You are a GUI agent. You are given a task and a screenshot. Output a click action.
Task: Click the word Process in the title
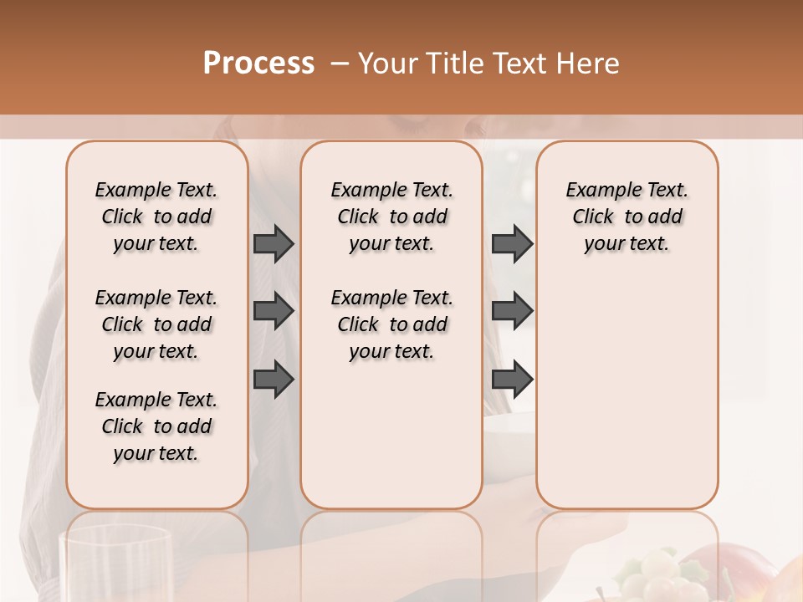(x=258, y=64)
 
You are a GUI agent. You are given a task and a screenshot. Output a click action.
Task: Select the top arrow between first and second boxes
(x=274, y=244)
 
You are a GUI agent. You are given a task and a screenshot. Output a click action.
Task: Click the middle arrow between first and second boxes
(x=274, y=311)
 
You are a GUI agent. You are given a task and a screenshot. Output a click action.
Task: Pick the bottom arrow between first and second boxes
(x=274, y=379)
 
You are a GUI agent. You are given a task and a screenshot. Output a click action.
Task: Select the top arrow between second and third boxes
(x=512, y=244)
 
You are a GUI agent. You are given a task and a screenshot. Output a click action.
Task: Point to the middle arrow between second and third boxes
(x=512, y=311)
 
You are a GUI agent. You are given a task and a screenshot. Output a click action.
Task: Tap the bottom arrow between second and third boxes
(x=512, y=379)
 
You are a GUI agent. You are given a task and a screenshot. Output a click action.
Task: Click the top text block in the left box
(x=156, y=217)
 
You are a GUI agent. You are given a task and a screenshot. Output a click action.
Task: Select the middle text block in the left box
(x=156, y=324)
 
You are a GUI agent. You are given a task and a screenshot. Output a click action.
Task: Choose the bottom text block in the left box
(x=156, y=426)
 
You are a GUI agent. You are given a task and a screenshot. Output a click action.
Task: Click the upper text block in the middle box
(x=391, y=217)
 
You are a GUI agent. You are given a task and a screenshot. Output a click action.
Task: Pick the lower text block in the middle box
(x=391, y=324)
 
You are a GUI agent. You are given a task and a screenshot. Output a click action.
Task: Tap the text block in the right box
(x=627, y=217)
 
